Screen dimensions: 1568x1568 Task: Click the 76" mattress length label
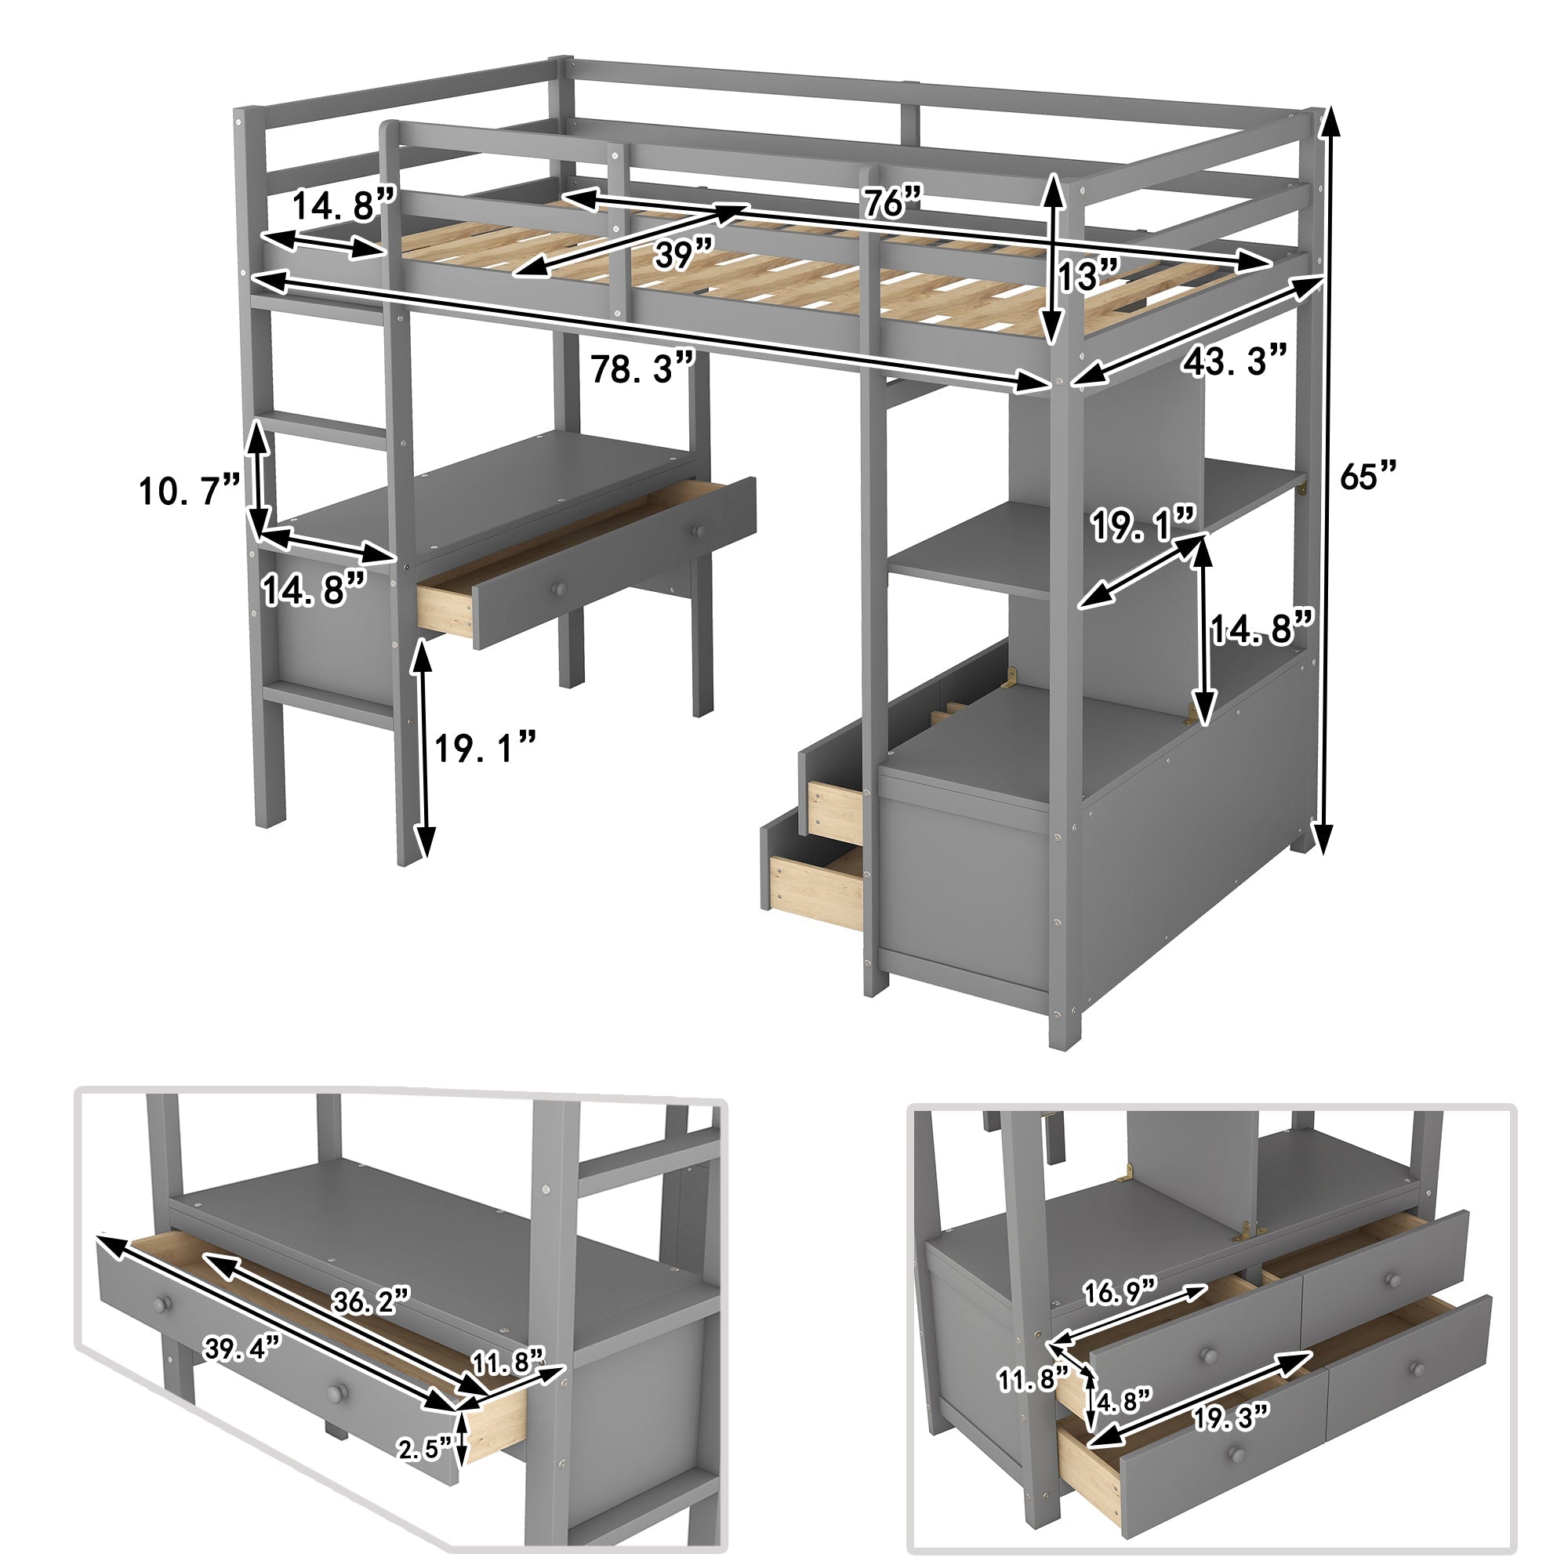coord(892,201)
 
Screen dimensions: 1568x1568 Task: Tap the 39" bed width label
coord(684,254)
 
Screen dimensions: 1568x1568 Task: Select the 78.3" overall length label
coord(642,369)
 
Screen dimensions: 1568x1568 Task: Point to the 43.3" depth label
coord(1233,360)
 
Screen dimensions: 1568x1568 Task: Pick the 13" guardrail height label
coord(1088,275)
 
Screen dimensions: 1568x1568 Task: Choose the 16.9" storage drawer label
coord(1120,1290)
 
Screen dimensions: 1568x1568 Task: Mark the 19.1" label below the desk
coord(485,747)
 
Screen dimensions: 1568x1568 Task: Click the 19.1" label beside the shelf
coord(1142,526)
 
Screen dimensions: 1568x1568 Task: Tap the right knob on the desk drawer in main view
coord(696,530)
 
